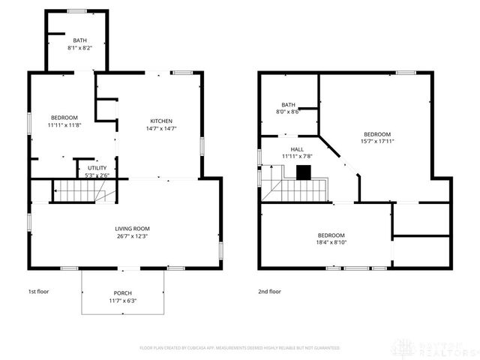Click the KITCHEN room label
click(x=161, y=121)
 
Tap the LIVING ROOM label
click(x=133, y=229)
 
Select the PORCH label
click(x=123, y=293)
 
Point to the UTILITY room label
click(x=98, y=168)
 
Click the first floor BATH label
click(x=79, y=40)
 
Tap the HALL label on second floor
click(x=297, y=149)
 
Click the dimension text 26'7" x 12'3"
click(x=133, y=236)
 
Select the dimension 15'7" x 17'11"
click(x=377, y=141)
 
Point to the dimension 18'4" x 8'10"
click(x=331, y=242)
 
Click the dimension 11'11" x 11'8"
click(x=64, y=126)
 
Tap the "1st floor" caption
click(x=38, y=291)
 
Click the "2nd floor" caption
click(x=269, y=291)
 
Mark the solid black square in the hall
click(x=303, y=172)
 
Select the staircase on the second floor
click(x=300, y=191)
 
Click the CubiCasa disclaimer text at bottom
click(x=239, y=348)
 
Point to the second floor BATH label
click(x=289, y=104)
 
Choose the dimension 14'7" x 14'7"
click(x=161, y=128)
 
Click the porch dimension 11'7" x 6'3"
click(x=123, y=301)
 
